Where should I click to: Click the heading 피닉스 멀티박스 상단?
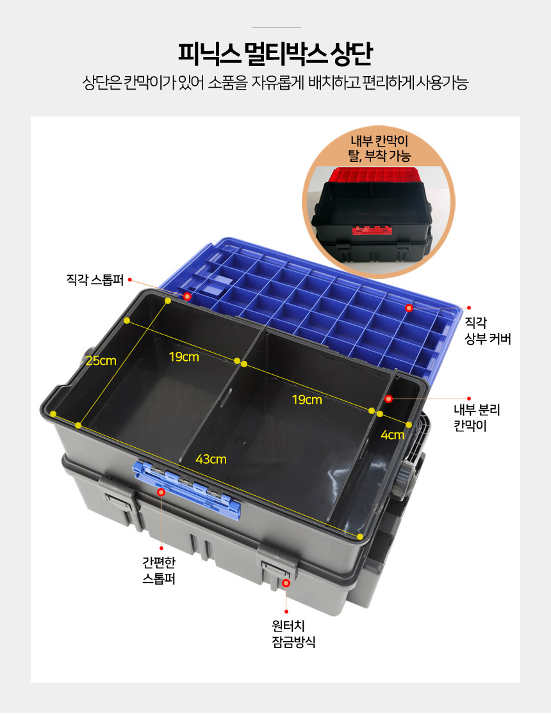[x=275, y=54]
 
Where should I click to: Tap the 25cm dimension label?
[x=101, y=361]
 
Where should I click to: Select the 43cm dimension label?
[x=211, y=459]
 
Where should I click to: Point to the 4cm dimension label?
[x=392, y=435]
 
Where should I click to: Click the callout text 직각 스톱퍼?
[x=95, y=279]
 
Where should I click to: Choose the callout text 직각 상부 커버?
[x=488, y=331]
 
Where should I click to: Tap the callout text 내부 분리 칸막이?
[x=477, y=418]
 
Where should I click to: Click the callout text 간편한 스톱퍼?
[x=159, y=571]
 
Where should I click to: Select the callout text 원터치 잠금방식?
[x=293, y=634]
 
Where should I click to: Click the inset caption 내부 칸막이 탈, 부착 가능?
[x=379, y=148]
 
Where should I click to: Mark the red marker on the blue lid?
[x=409, y=308]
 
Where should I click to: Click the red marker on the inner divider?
[x=388, y=399]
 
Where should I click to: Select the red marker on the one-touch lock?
[x=286, y=583]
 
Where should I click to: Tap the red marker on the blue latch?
[x=161, y=492]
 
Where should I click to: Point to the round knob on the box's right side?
[x=406, y=476]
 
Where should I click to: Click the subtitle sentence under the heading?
[x=275, y=83]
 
